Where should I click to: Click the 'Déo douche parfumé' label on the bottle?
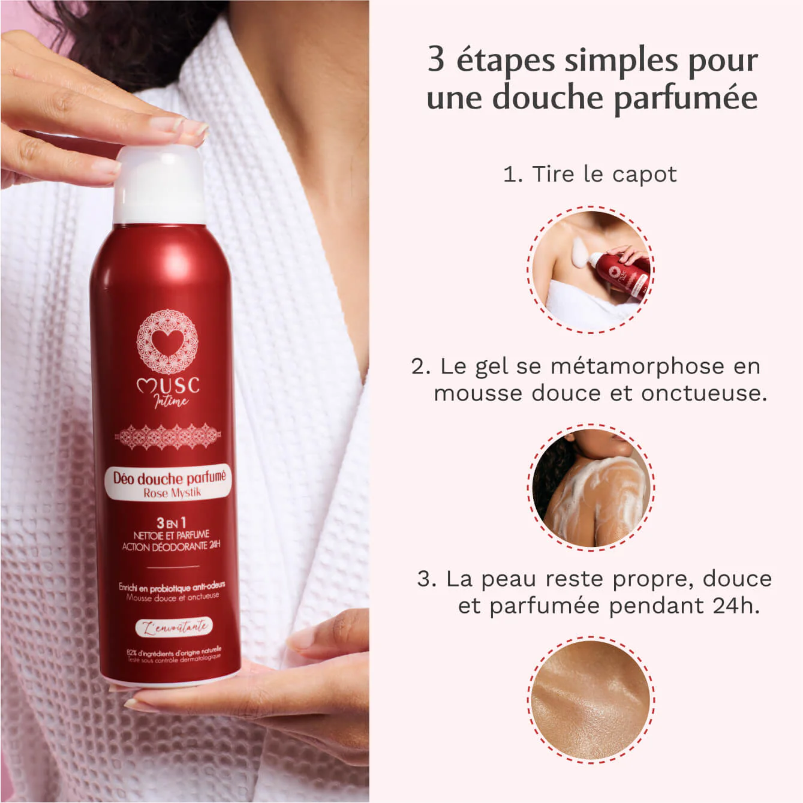[170, 478]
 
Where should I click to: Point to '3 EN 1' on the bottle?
[171, 523]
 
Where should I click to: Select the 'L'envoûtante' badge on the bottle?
[174, 627]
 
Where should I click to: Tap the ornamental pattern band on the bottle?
[168, 437]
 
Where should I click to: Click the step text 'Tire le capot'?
[604, 175]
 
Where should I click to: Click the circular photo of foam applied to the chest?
[590, 269]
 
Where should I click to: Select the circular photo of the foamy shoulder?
[591, 487]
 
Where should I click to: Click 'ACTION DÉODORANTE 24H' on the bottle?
[172, 546]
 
